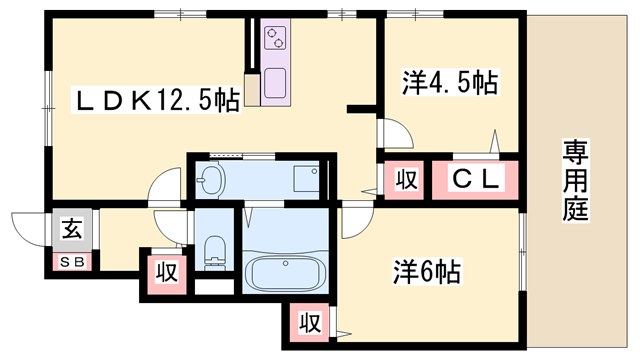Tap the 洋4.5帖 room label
(x=450, y=81)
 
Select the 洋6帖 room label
(x=425, y=271)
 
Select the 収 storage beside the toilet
(x=165, y=271)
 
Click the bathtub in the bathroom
(x=286, y=271)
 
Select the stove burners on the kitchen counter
(x=275, y=40)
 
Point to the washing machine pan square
(x=305, y=180)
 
